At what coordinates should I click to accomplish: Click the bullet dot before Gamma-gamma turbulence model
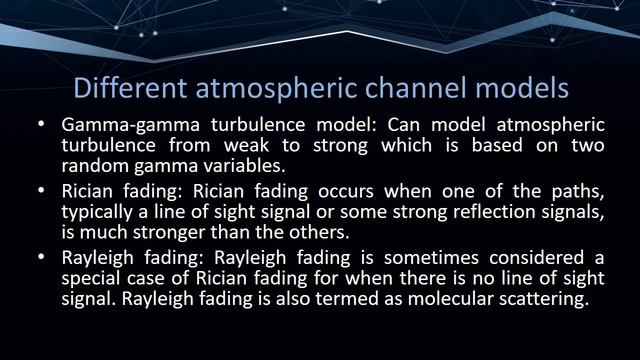(41, 127)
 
